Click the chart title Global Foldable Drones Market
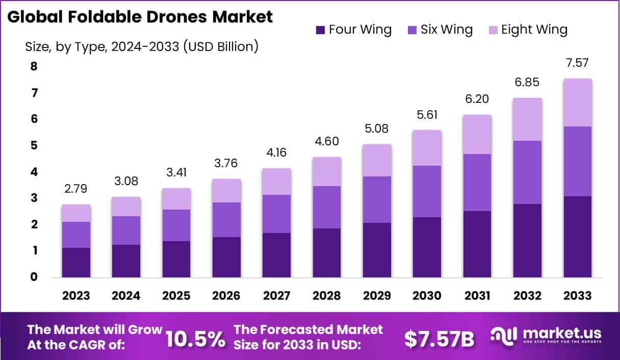140,16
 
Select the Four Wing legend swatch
321,30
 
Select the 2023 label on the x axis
76,296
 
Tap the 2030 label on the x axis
427,296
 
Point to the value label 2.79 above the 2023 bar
76,189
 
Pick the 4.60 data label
327,141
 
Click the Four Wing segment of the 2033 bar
577,237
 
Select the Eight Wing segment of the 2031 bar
477,134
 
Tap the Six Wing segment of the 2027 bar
277,214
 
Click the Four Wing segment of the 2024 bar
126,261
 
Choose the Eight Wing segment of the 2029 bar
377,160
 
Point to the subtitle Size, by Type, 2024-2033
142,47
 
